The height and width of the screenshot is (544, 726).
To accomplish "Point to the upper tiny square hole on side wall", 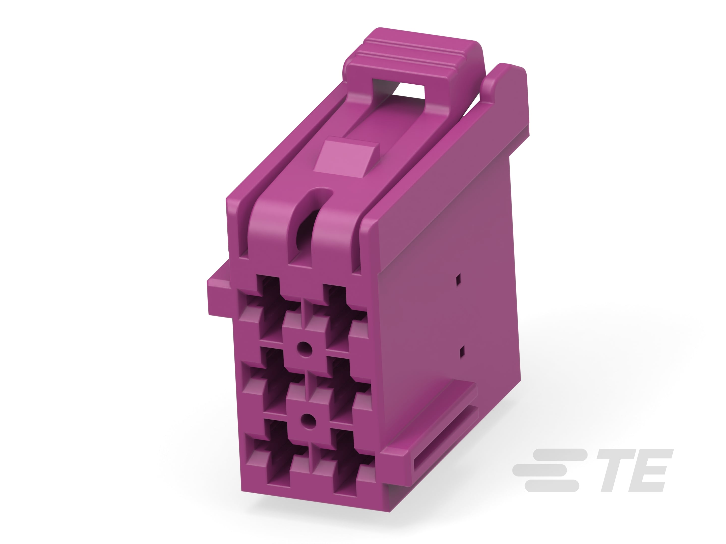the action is [x=459, y=279].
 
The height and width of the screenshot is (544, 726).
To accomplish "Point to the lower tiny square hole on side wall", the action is [x=462, y=352].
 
